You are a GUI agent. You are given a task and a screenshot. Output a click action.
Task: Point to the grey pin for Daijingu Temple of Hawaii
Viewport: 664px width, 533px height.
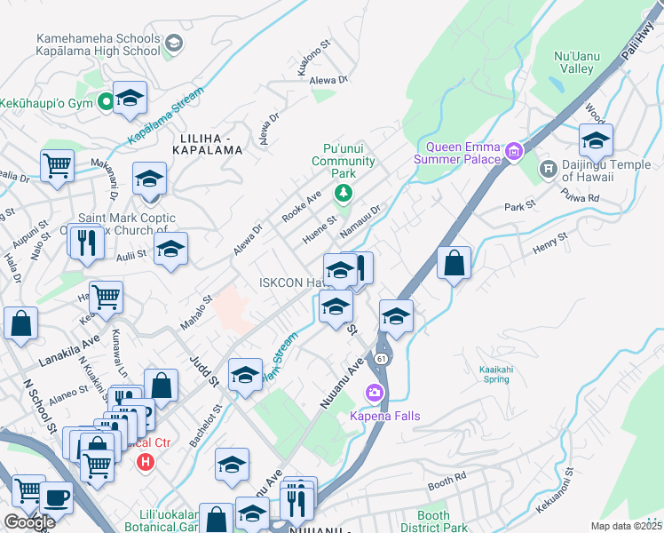pyautogui.click(x=548, y=166)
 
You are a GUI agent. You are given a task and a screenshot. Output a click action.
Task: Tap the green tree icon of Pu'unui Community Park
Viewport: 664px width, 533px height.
pyautogui.click(x=344, y=193)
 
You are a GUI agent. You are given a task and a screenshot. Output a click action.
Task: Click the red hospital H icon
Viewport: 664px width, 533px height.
pyautogui.click(x=146, y=462)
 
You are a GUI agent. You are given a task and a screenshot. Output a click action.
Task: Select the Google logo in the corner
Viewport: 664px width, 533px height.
pyautogui.click(x=29, y=522)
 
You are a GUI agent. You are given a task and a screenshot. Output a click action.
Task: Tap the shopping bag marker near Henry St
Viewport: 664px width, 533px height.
pyautogui.click(x=454, y=263)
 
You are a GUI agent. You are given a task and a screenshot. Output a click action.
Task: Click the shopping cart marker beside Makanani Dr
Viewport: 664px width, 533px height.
pyautogui.click(x=57, y=164)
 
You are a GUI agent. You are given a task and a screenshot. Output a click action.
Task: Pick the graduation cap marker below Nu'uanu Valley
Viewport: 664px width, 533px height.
pyautogui.click(x=596, y=140)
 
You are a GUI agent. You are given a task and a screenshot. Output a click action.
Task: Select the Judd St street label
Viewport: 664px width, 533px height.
pyautogui.click(x=203, y=372)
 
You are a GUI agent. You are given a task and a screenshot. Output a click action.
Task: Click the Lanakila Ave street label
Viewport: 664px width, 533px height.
pyautogui.click(x=69, y=357)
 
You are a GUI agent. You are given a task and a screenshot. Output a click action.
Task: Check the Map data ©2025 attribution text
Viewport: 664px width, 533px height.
pyautogui.click(x=627, y=526)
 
